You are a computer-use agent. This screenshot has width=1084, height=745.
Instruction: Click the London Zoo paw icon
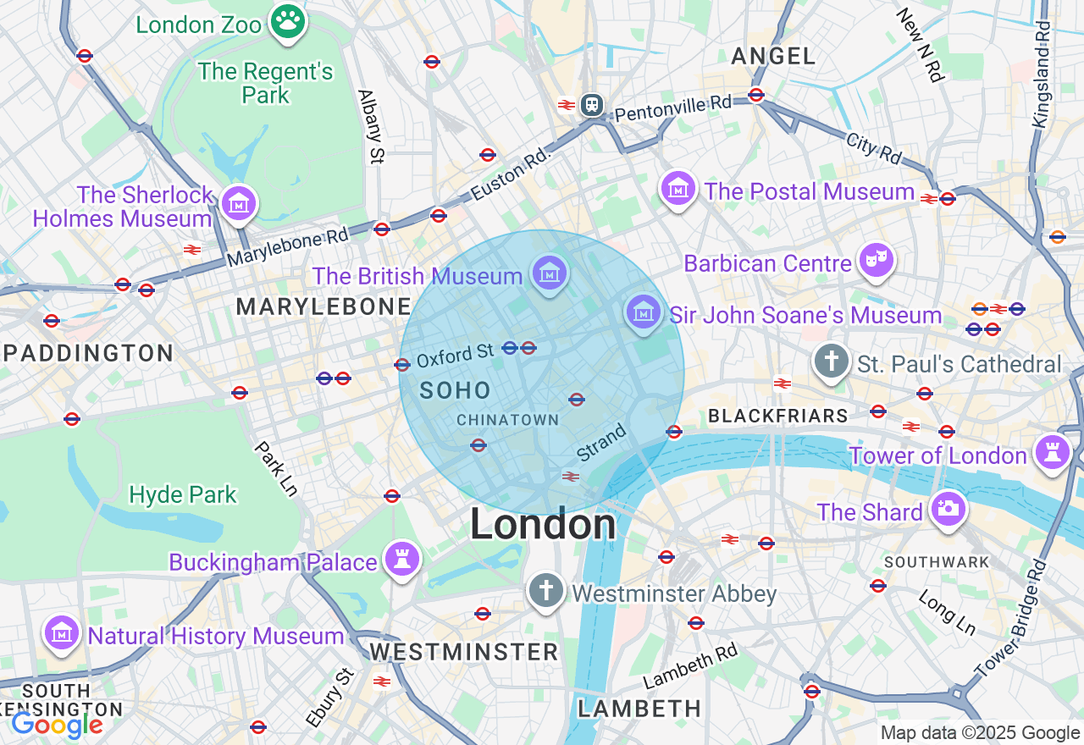(289, 23)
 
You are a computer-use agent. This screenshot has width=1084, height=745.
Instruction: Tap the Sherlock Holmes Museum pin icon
(239, 203)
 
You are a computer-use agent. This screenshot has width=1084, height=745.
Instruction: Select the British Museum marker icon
(550, 273)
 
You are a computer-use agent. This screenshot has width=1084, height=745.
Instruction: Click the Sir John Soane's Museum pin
(644, 312)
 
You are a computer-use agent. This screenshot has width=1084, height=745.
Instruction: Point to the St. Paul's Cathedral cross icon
(831, 361)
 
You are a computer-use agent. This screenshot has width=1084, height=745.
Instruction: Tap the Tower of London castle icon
(1053, 452)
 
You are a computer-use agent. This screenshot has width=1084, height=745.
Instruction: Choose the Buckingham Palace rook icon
(402, 559)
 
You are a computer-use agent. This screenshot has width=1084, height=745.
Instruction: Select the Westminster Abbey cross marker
(546, 590)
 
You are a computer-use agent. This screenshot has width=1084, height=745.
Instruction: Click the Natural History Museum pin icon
(62, 632)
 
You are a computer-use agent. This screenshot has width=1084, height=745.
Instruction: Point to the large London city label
(543, 524)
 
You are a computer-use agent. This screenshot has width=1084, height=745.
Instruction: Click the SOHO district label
(456, 390)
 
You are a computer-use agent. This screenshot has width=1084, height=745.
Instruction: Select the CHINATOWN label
(507, 420)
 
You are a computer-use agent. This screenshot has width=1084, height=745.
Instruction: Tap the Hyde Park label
(183, 494)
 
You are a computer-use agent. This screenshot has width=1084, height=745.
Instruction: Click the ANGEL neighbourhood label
(773, 56)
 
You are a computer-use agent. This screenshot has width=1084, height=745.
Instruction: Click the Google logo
(57, 725)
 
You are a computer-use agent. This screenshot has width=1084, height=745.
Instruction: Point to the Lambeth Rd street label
(690, 665)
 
